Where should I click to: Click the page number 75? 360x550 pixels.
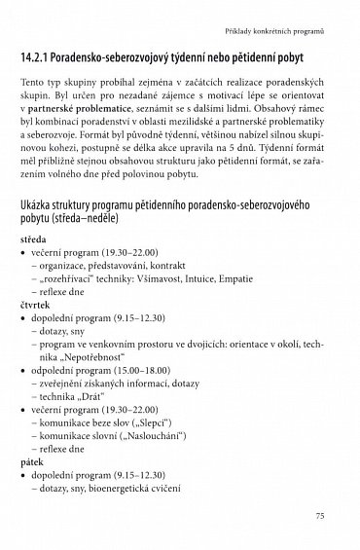click(x=332, y=515)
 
